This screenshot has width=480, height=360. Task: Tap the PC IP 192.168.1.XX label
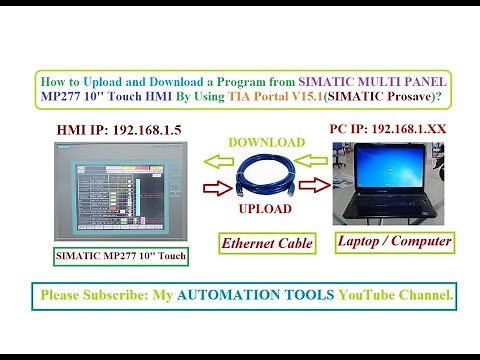[x=387, y=129]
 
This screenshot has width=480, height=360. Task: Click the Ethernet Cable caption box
[x=267, y=243]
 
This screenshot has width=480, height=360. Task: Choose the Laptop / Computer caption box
[x=394, y=241]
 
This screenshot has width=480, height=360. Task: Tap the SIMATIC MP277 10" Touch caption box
[x=120, y=257]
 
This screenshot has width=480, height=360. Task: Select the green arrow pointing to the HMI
[x=219, y=159]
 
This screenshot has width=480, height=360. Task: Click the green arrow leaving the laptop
[x=315, y=160]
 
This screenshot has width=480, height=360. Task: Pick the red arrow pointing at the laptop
[x=314, y=185]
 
